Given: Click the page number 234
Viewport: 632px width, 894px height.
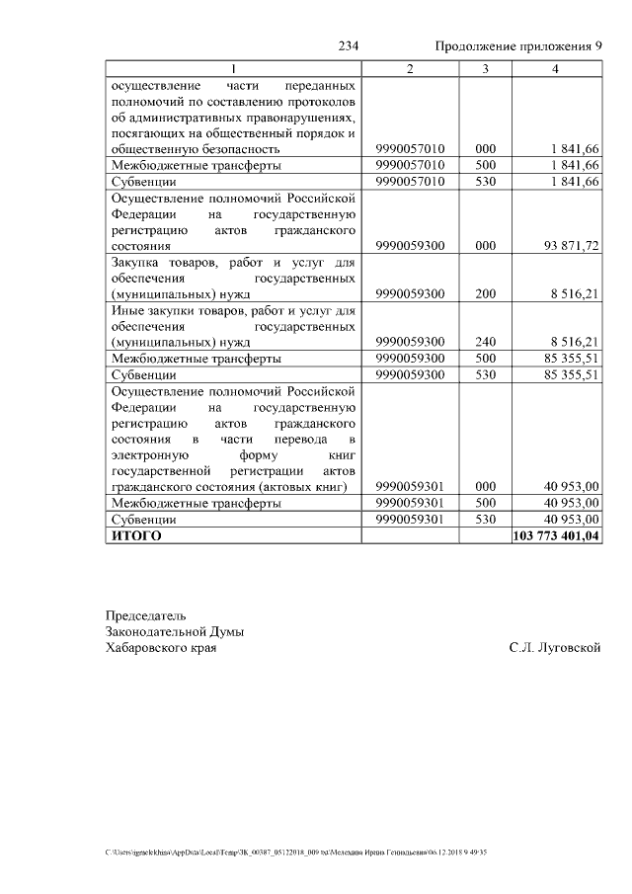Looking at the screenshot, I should point(348,46).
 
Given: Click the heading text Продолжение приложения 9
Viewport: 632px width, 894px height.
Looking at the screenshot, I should point(518,46).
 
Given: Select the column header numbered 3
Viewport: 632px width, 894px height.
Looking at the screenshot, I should point(485,68).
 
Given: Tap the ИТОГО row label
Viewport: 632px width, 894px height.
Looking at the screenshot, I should point(136,535).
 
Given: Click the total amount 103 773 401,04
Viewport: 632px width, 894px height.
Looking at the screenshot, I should point(557,535).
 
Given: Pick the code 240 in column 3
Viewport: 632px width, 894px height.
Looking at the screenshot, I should point(485,342).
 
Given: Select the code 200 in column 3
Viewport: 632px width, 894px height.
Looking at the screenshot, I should point(485,293).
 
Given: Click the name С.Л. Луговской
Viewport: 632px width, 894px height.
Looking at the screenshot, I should point(555,648).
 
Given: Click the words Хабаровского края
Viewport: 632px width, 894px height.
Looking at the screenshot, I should point(161,648).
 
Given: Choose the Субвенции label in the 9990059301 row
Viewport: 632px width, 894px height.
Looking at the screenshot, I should point(144,519).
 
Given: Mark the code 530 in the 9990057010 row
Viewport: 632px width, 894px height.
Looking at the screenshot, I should point(485,182).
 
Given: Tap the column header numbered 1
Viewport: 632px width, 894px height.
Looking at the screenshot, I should point(233,68).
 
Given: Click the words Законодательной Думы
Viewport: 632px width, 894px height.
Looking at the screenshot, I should point(175,631).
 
